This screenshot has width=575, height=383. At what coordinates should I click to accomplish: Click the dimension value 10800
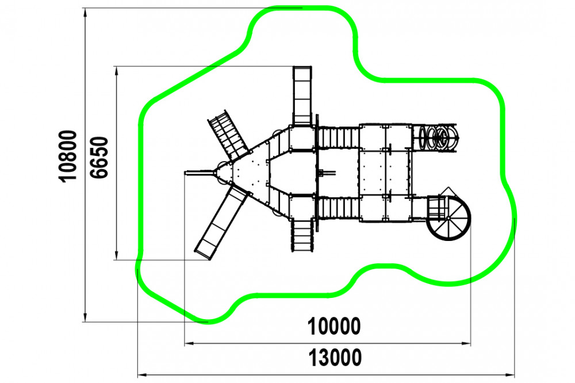coord(68,155)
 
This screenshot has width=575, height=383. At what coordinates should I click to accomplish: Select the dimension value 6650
coord(99,158)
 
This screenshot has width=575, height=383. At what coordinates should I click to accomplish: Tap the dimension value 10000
coord(333,327)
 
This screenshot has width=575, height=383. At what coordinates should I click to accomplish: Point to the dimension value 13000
coord(335,358)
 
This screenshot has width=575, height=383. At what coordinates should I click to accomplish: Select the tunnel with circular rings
coord(435,137)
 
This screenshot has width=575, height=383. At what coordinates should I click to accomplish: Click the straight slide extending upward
coord(302,95)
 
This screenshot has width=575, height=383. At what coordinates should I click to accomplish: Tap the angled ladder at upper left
coord(228,134)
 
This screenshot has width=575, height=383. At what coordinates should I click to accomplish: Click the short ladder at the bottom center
coord(302,235)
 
